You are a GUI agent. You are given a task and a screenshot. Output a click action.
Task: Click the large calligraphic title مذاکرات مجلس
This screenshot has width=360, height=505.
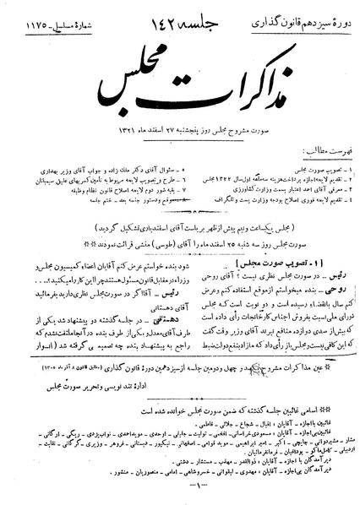coord(179,83)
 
